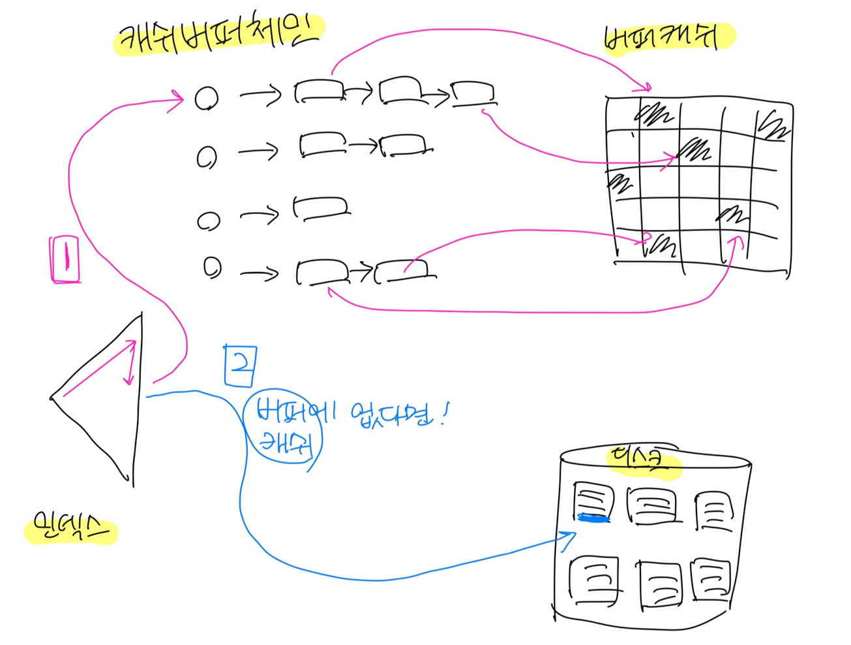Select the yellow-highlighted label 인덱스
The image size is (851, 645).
point(70,529)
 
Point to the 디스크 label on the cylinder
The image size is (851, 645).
point(642,460)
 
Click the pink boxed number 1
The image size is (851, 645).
point(65,259)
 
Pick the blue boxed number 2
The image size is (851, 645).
point(239,366)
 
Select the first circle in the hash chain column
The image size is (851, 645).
point(207,98)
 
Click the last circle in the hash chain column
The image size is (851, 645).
point(212,268)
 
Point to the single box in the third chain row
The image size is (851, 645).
point(320,208)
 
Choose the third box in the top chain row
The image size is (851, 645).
point(473,93)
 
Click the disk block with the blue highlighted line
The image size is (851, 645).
point(592,502)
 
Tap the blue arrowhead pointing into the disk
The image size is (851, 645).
point(570,536)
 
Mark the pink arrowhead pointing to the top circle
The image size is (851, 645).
point(177,99)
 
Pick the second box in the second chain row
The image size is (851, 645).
point(404,145)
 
